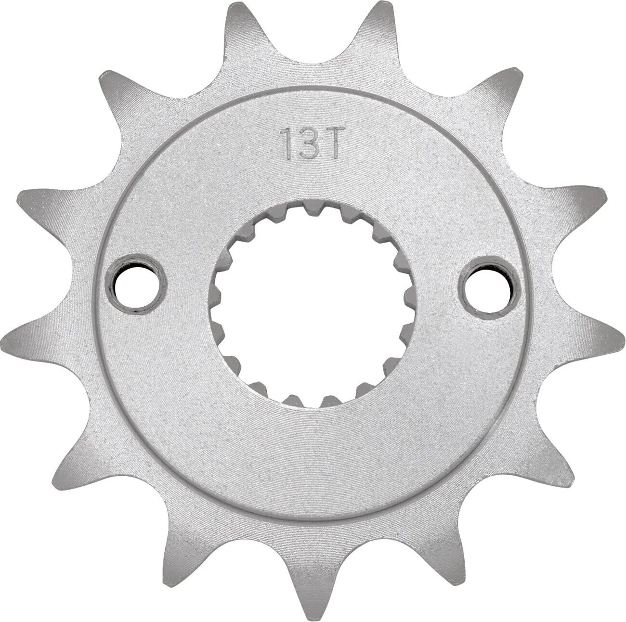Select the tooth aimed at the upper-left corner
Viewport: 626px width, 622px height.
(x=116, y=89)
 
